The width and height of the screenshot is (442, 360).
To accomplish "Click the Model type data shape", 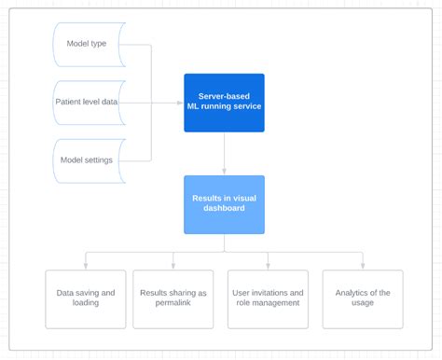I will click(87, 44).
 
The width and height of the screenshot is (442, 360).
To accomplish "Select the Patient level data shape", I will click(87, 102).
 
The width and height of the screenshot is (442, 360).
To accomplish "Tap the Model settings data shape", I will click(87, 159).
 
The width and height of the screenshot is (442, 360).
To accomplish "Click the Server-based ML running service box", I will click(224, 102).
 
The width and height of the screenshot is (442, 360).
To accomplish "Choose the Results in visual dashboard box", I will click(224, 203).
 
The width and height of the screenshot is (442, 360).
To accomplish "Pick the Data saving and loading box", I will click(86, 298).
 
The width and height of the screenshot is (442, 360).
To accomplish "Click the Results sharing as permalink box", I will click(173, 298).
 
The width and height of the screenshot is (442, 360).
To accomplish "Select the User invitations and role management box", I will click(269, 298).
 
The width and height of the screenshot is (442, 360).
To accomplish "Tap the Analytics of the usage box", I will click(363, 298).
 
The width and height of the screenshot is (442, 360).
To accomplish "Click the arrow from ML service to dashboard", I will click(224, 153).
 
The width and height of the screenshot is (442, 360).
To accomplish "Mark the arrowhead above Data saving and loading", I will click(86, 267).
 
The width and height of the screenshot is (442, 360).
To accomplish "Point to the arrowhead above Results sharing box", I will click(173, 267).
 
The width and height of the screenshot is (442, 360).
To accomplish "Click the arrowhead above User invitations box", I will click(269, 267).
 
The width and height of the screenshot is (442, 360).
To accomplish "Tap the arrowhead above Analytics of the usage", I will click(363, 267).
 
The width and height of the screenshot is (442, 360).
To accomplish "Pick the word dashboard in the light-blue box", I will click(224, 209).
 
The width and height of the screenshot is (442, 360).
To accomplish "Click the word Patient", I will click(71, 102).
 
